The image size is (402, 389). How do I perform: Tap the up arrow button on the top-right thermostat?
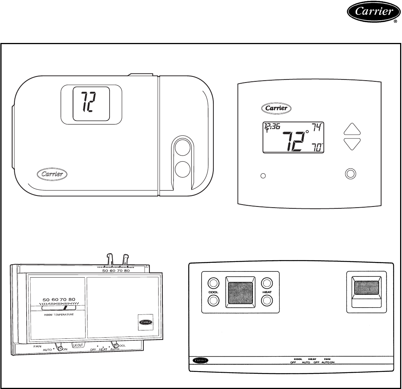point(351,129)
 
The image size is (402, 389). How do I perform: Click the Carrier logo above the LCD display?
point(277,108)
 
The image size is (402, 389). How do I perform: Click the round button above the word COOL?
point(213,283)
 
